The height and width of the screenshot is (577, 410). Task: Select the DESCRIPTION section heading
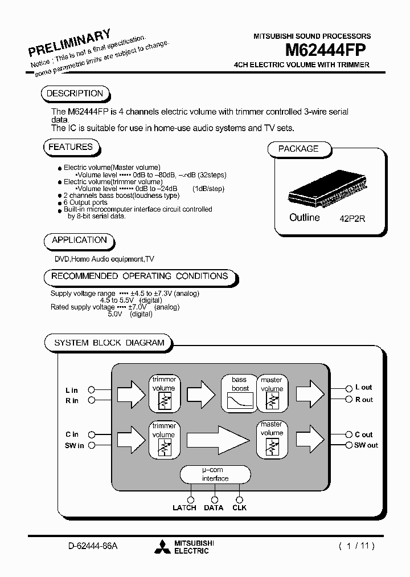(x=75, y=94)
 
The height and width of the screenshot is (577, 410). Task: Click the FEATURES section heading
(x=70, y=147)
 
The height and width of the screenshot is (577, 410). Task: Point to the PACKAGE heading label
(x=298, y=149)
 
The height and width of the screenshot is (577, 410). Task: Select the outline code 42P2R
(x=354, y=218)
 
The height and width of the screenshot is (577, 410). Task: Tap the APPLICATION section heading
(x=79, y=240)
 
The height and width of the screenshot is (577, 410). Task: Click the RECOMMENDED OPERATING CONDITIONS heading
(x=140, y=276)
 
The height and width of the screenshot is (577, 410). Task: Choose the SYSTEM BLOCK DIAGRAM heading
(x=109, y=343)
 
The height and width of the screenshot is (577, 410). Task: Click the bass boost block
(x=240, y=392)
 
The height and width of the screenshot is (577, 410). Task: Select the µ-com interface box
(x=215, y=474)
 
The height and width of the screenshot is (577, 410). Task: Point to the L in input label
(x=72, y=391)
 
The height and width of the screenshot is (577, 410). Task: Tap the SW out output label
(x=366, y=445)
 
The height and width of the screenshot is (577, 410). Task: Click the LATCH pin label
(x=184, y=507)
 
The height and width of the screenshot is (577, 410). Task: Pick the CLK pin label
(x=240, y=507)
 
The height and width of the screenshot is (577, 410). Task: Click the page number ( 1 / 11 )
(x=357, y=546)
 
